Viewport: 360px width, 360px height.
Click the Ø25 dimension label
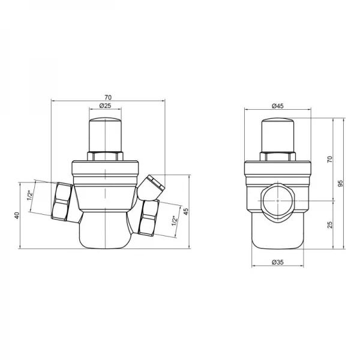point(105,106)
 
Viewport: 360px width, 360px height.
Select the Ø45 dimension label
point(278,106)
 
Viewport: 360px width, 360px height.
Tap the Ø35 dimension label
point(278,262)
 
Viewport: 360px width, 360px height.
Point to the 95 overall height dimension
point(341,183)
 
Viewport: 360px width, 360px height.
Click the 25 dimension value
point(329,224)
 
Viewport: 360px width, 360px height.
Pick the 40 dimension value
point(17,215)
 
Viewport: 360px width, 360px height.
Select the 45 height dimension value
point(186,211)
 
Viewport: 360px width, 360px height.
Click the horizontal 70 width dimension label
point(108,97)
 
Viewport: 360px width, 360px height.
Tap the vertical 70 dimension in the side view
point(329,159)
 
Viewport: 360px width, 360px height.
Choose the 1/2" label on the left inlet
point(30,195)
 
